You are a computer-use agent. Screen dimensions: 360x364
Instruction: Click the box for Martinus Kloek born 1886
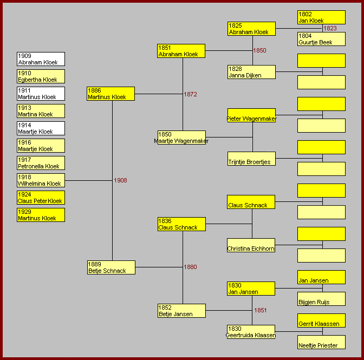coord(110,94)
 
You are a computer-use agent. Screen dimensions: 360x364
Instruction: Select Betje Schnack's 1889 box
coord(110,267)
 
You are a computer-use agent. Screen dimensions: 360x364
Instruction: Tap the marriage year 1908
coord(120,180)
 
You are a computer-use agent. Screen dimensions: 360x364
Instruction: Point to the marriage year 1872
coord(190,94)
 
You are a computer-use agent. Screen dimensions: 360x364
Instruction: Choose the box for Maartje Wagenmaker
coord(181,138)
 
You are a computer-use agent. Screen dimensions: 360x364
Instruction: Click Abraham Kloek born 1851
coord(181,51)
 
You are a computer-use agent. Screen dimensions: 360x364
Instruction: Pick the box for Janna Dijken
coord(251,72)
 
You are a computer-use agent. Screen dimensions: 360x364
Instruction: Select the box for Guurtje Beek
coord(321,39)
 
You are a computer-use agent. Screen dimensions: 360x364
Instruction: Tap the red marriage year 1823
coord(330,28)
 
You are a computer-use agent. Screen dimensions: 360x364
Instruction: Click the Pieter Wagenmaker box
coord(251,115)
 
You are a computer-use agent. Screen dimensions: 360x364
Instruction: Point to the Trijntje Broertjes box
coord(251,159)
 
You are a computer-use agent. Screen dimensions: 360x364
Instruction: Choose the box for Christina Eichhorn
coord(251,245)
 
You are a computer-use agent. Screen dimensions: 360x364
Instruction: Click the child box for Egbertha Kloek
coord(41,76)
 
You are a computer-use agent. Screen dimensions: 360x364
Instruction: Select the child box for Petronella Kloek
coord(41,163)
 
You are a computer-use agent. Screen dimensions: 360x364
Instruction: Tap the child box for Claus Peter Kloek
coord(41,198)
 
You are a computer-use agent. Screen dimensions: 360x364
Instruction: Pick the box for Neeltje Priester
coord(321,342)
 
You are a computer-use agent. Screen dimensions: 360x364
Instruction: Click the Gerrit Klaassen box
coord(321,320)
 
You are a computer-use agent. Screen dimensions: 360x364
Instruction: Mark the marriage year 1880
coord(190,267)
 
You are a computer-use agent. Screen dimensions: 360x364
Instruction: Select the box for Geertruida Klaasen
coord(251,332)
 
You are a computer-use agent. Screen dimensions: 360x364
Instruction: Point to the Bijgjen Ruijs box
coord(321,299)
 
